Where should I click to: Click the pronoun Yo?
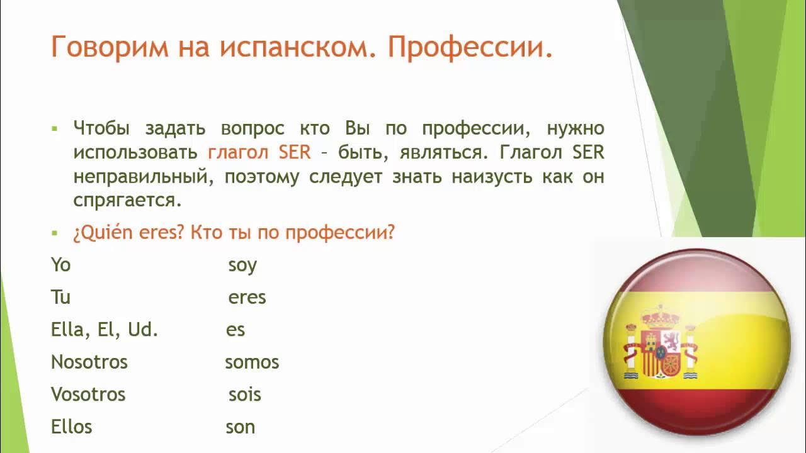point(60,265)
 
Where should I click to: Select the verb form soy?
point(242,266)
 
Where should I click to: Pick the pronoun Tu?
point(60,297)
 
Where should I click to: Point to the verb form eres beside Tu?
point(247,297)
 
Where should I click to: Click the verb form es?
point(236,330)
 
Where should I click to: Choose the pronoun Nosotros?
point(89,362)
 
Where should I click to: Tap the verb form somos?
point(252,362)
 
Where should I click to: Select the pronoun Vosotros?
point(88,394)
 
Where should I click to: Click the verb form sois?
point(244,394)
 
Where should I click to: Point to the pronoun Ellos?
point(71,427)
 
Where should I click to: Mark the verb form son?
point(240,427)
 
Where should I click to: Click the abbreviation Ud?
point(143,330)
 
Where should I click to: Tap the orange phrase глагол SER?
point(259,152)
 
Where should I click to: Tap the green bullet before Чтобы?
point(55,128)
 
